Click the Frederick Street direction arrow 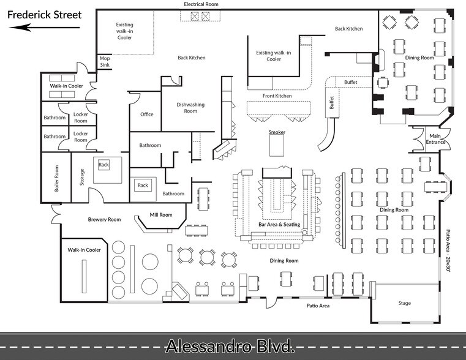pyautogui.click(x=45, y=28)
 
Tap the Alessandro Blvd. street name pyautogui.click(x=230, y=346)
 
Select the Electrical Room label pyautogui.click(x=201, y=4)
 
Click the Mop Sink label pyautogui.click(x=105, y=61)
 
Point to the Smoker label pyautogui.click(x=277, y=132)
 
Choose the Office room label pyautogui.click(x=147, y=114)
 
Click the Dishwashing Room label pyautogui.click(x=190, y=108)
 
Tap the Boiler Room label pyautogui.click(x=56, y=178)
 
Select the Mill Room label pyautogui.click(x=161, y=215)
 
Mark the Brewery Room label pyautogui.click(x=104, y=220)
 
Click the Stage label pyautogui.click(x=405, y=303)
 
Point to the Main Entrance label pyautogui.click(x=435, y=139)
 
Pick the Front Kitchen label pyautogui.click(x=277, y=96)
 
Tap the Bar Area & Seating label pyautogui.click(x=279, y=225)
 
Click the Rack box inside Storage pyautogui.click(x=103, y=165)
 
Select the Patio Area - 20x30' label pyautogui.click(x=448, y=250)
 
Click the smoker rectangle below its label pyautogui.click(x=277, y=145)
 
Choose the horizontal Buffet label pyautogui.click(x=351, y=82)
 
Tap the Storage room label pyautogui.click(x=82, y=177)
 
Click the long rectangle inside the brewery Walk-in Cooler pyautogui.click(x=84, y=276)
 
